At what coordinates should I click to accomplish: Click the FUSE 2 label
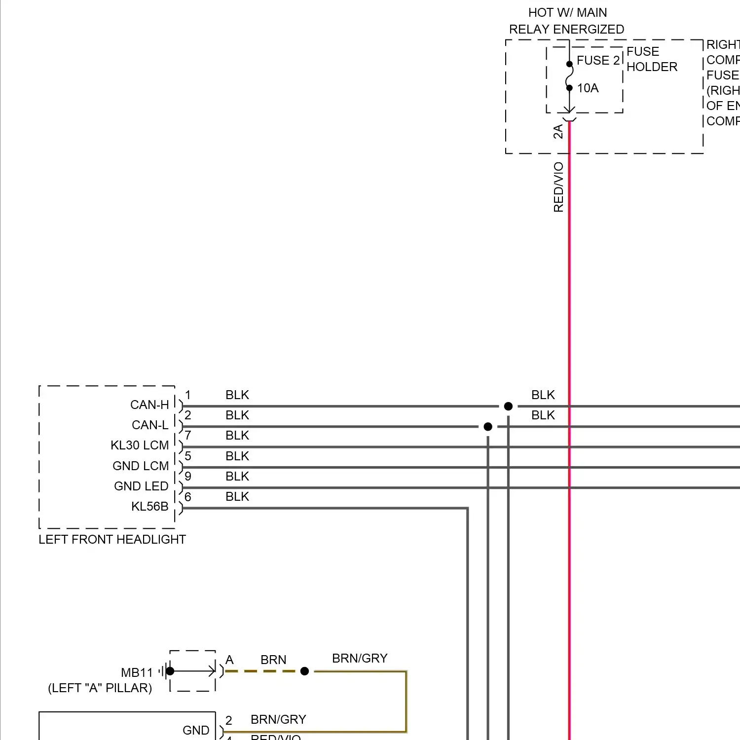tap(598, 61)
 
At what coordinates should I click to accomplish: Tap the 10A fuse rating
tap(588, 88)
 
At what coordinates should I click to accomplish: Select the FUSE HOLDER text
tap(651, 59)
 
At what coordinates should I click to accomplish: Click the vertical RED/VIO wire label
tap(558, 187)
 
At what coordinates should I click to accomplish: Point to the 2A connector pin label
tap(558, 132)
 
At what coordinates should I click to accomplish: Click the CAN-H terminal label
tap(149, 405)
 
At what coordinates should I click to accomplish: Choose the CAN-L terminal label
tap(150, 425)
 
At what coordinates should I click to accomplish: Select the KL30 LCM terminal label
tap(140, 445)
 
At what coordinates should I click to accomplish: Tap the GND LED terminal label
tap(141, 486)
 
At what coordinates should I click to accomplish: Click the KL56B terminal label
tap(149, 507)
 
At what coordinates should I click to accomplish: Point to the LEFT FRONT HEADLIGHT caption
tap(112, 540)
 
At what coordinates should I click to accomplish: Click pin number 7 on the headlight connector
tap(187, 436)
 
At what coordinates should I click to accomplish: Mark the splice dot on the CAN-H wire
tap(508, 407)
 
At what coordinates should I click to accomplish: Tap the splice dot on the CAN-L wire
tap(488, 427)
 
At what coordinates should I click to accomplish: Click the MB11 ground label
tap(137, 673)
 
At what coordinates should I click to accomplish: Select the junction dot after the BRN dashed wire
tap(304, 671)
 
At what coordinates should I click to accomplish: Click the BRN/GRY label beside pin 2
tap(278, 720)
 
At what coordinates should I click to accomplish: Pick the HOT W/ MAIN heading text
tap(567, 13)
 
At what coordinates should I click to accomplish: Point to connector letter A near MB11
tap(229, 660)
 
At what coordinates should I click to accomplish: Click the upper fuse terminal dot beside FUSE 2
tap(569, 64)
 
